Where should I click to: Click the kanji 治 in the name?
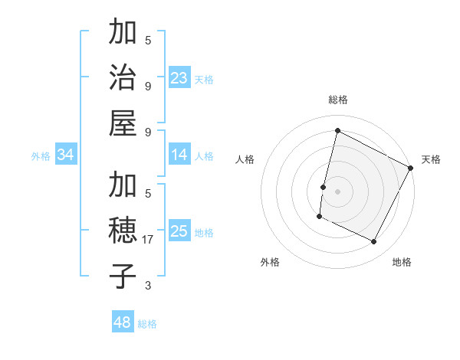[x=122, y=78]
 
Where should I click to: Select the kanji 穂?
[x=122, y=231]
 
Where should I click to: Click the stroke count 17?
[x=149, y=240]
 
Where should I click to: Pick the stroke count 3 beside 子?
[x=149, y=286]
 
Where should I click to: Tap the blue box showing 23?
[x=179, y=77]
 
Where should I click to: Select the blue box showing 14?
[x=179, y=155]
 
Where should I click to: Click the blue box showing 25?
[x=179, y=231]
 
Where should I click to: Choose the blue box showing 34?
[x=66, y=155]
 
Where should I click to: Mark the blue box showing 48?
[x=123, y=322]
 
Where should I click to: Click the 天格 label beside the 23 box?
[x=203, y=79]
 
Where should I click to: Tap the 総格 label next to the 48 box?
[x=147, y=324]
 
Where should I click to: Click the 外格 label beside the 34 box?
[x=41, y=156]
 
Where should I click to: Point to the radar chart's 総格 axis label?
[x=338, y=100]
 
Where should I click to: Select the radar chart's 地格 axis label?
[x=402, y=262]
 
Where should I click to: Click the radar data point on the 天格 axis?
[x=411, y=168]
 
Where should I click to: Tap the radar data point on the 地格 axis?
[x=373, y=242]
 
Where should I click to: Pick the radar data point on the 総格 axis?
[x=337, y=130]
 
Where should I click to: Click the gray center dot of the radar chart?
[x=337, y=190]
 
